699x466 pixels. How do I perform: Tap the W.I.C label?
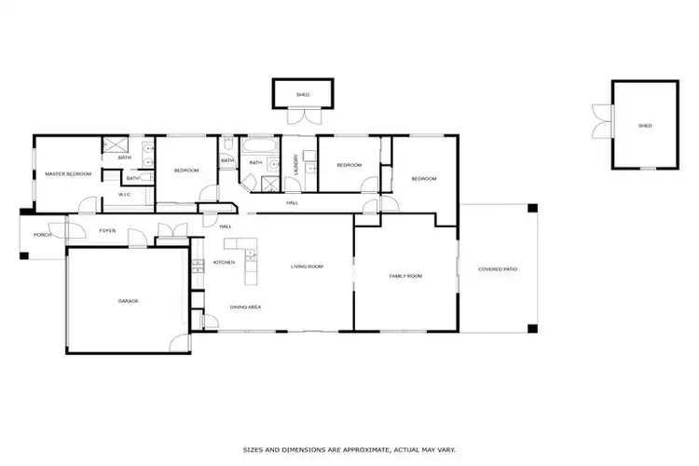(123, 194)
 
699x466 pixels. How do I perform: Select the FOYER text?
(108, 230)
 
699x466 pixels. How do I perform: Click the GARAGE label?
(128, 302)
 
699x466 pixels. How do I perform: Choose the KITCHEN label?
(224, 263)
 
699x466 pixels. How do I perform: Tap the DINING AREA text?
(245, 307)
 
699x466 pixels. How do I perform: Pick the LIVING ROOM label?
(307, 267)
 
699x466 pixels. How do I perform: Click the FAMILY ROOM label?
(405, 276)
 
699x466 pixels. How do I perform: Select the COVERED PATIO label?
(498, 269)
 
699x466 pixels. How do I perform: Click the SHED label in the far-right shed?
(645, 126)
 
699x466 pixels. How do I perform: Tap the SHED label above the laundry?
(302, 95)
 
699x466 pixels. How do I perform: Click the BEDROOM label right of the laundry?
(349, 166)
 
